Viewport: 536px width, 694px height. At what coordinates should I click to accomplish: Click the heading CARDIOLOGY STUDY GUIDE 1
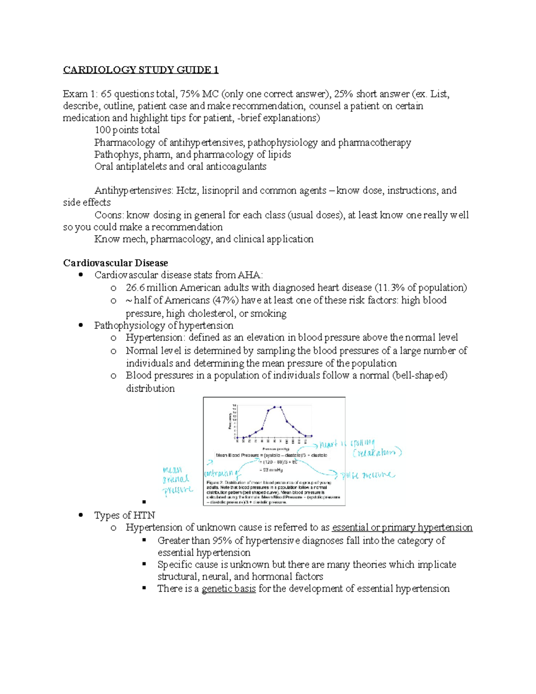(x=141, y=70)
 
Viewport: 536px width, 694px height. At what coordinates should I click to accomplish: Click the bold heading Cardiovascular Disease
(x=115, y=263)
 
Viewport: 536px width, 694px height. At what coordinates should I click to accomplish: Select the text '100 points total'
(x=127, y=130)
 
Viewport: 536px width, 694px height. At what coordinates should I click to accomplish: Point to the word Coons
(x=108, y=215)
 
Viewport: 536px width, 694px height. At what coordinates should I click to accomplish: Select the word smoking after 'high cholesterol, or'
(x=268, y=313)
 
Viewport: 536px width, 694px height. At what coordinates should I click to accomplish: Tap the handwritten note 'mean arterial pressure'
(x=177, y=480)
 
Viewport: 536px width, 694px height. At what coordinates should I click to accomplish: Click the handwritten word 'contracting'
(x=222, y=473)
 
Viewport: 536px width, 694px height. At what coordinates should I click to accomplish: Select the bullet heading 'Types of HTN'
(x=125, y=515)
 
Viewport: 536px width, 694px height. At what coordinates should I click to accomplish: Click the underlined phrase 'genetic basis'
(x=229, y=589)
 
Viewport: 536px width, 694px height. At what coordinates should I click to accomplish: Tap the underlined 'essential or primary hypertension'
(x=402, y=527)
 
